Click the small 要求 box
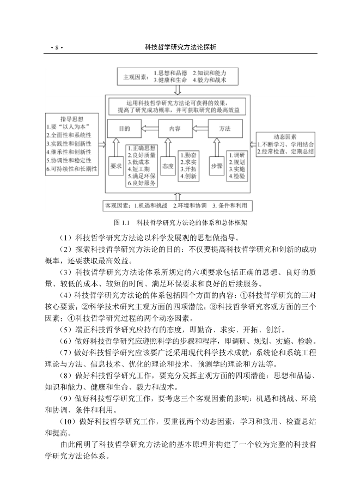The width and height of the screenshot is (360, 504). (x=115, y=165)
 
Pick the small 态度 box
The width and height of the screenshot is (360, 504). (x=168, y=165)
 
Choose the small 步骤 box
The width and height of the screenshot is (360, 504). (x=216, y=165)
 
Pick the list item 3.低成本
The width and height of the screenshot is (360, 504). (x=139, y=162)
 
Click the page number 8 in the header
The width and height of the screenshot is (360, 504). (x=56, y=48)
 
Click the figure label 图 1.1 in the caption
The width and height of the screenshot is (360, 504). (x=120, y=223)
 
